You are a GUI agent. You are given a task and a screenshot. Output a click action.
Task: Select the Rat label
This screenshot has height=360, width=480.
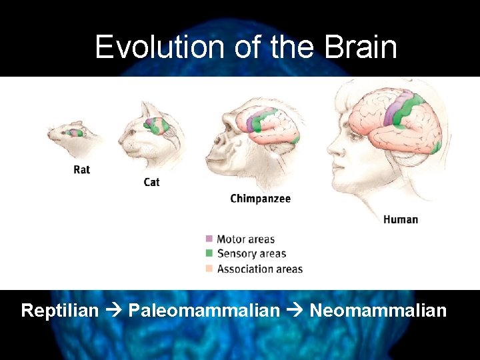pyautogui.click(x=81, y=169)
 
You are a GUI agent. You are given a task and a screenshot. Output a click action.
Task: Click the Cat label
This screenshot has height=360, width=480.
pyautogui.click(x=151, y=182)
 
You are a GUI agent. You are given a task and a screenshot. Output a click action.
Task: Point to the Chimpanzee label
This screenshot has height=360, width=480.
pyautogui.click(x=260, y=199)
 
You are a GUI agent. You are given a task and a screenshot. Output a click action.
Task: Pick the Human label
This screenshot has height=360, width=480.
pyautogui.click(x=401, y=219)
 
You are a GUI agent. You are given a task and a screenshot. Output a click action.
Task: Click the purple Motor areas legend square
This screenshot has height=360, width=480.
pyautogui.click(x=209, y=239)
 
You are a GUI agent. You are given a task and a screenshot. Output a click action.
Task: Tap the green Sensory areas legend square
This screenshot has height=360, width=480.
pyautogui.click(x=209, y=253)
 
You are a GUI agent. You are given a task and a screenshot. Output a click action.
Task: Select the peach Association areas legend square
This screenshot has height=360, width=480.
pyautogui.click(x=209, y=269)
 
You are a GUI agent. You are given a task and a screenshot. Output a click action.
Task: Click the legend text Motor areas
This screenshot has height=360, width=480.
pyautogui.click(x=245, y=239)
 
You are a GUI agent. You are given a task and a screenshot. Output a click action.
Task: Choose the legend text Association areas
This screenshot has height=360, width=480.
pyautogui.click(x=259, y=269)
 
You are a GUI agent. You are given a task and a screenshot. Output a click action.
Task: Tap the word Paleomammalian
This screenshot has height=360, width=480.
pyautogui.click(x=204, y=311)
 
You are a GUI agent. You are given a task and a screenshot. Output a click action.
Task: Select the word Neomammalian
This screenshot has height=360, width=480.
pyautogui.click(x=378, y=311)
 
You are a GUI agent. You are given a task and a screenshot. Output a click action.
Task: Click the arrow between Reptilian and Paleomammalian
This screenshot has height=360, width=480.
pyautogui.click(x=113, y=311)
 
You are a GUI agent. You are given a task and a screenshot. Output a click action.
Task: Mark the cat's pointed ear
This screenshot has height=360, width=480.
pyautogui.click(x=145, y=107)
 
